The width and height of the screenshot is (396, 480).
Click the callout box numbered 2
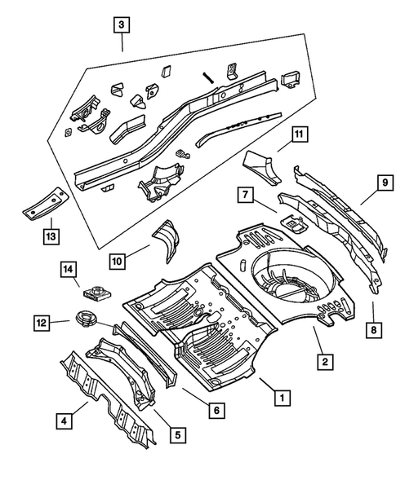coord(323,361)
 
